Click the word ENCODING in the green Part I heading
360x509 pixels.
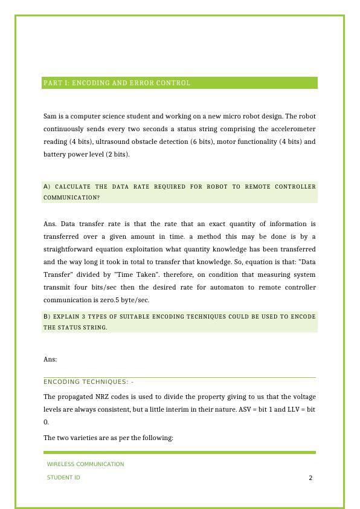click(x=86, y=83)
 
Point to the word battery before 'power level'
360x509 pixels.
click(x=56, y=154)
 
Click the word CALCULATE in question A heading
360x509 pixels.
click(x=71, y=187)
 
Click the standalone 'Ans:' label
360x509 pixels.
click(x=50, y=359)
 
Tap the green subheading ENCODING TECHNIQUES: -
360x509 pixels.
click(x=88, y=381)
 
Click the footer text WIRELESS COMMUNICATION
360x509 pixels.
click(x=85, y=464)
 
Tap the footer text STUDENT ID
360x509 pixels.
click(x=63, y=478)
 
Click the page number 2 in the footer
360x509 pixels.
click(x=310, y=478)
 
